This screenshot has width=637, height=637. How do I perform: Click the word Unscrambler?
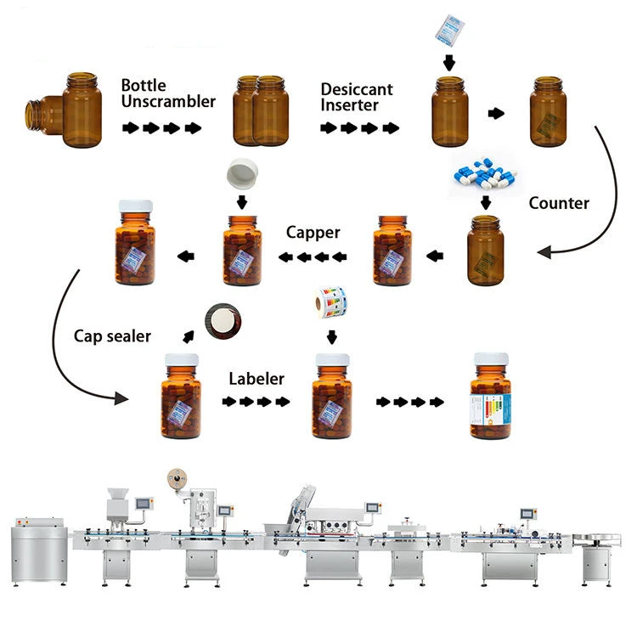click(x=168, y=102)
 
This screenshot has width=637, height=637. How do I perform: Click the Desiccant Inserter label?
click(x=357, y=98)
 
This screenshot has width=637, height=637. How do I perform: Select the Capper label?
click(x=313, y=232)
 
